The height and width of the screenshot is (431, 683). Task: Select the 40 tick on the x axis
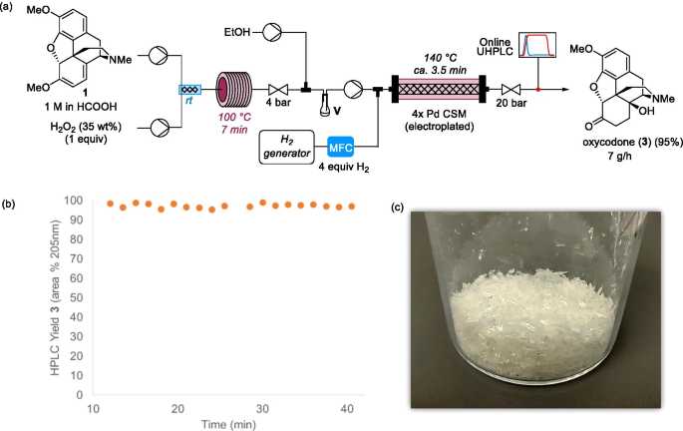[346, 409]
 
